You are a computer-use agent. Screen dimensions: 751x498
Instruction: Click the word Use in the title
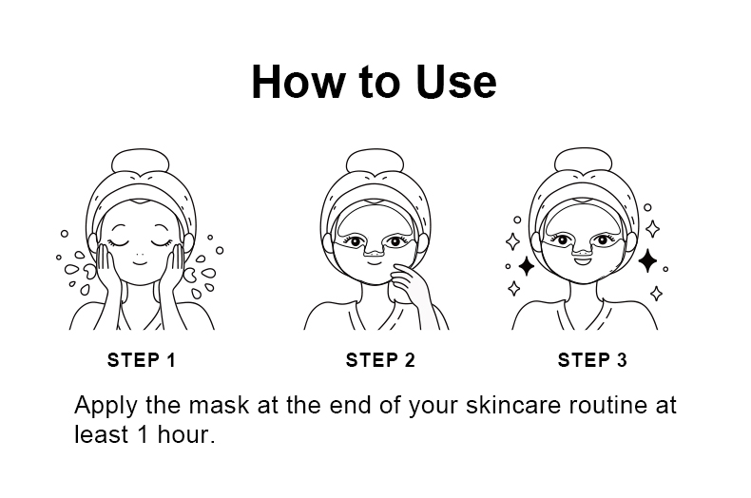456,82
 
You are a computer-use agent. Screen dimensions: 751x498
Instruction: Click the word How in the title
298,82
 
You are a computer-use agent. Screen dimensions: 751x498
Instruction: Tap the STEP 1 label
142,360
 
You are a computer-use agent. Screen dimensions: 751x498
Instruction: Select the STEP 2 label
380,360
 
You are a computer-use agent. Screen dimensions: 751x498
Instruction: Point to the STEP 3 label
592,360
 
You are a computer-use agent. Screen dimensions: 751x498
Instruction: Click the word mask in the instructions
219,405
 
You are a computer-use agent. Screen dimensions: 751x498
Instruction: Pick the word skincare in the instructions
513,405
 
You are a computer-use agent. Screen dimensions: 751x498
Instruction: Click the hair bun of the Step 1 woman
141,162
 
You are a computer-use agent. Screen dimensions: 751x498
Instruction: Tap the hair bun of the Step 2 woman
375,162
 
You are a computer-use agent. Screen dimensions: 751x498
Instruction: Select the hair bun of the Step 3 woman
584,161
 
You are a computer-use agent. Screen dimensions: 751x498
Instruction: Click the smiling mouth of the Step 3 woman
583,260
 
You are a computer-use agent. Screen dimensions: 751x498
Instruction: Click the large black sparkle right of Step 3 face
648,260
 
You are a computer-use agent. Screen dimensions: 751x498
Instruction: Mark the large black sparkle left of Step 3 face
527,266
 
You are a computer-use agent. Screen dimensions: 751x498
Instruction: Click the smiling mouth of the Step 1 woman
140,263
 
